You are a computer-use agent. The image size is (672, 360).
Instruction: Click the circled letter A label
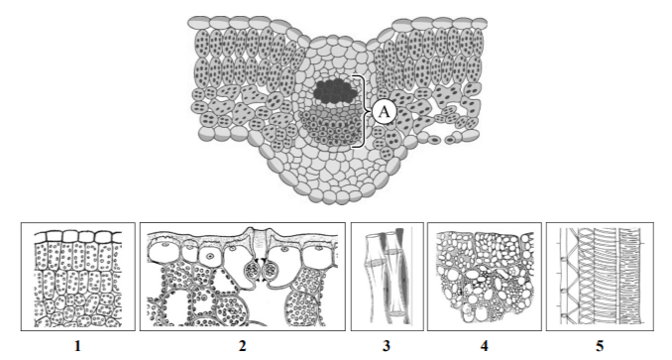coord(384,112)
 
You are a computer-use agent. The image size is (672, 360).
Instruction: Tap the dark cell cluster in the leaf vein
coord(335,91)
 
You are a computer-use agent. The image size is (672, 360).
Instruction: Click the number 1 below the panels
coord(77,345)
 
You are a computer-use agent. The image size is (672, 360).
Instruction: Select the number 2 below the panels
coord(242,345)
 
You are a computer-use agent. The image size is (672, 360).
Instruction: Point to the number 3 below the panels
coord(387,345)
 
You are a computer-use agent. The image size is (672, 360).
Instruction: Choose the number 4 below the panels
coord(485,345)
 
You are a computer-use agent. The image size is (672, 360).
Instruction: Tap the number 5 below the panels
coord(600,345)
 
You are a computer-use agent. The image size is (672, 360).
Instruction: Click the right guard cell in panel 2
coord(271,271)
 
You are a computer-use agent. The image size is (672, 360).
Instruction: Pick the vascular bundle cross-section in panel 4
coord(485,277)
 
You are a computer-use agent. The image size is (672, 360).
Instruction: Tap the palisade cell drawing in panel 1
coord(78,285)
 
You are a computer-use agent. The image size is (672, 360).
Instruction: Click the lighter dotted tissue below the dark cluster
coord(330,125)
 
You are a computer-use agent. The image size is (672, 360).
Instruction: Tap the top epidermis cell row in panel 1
coord(78,237)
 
